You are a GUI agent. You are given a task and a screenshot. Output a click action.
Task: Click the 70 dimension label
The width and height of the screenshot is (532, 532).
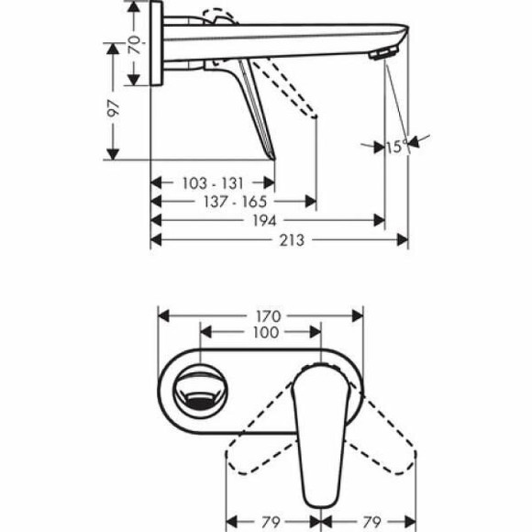pyautogui.click(x=135, y=42)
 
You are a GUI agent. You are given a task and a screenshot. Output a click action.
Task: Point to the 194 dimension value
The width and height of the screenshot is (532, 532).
pyautogui.click(x=267, y=220)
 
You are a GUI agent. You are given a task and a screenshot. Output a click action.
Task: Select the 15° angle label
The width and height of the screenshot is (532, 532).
pyautogui.click(x=395, y=146)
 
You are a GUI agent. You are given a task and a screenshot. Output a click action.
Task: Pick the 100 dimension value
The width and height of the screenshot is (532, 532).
pyautogui.click(x=264, y=333)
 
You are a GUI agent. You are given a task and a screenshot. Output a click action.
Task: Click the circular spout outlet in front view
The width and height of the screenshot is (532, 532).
pyautogui.click(x=200, y=386)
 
